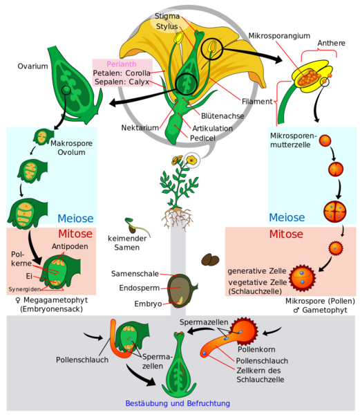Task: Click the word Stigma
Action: [x=167, y=16]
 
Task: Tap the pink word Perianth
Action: [x=122, y=64]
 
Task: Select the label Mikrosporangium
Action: [x=279, y=36]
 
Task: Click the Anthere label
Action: [x=331, y=43]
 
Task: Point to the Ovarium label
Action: [x=32, y=66]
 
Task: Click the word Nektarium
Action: [x=140, y=127]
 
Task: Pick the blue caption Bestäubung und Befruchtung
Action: [x=178, y=403]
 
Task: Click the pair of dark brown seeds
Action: [x=210, y=259]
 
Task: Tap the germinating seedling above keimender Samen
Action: [x=136, y=227]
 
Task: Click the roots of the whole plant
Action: [x=178, y=218]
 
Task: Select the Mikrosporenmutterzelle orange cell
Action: [x=325, y=140]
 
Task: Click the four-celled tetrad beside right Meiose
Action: [x=335, y=212]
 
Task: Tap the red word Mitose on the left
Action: [x=75, y=234]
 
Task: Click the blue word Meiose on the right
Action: [x=287, y=218]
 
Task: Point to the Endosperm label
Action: [x=140, y=288]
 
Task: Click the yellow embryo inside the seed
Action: [x=180, y=300]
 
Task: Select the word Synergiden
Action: [x=25, y=289]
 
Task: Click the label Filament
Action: [x=257, y=102]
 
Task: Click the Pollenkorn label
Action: [x=256, y=349]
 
